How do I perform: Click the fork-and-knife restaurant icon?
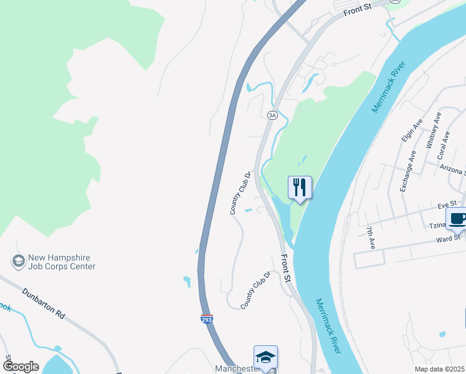(x=300, y=186)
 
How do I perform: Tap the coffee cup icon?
(x=457, y=219)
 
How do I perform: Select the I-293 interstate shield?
(x=207, y=319)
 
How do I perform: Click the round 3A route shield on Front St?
(x=272, y=115)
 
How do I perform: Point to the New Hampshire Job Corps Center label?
(x=61, y=262)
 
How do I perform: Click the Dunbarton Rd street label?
(x=44, y=303)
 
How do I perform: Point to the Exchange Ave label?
(x=407, y=170)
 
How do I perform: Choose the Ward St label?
(x=448, y=237)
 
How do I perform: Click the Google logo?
(x=21, y=366)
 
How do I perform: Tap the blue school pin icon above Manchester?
(x=265, y=358)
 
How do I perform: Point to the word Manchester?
(x=236, y=369)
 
